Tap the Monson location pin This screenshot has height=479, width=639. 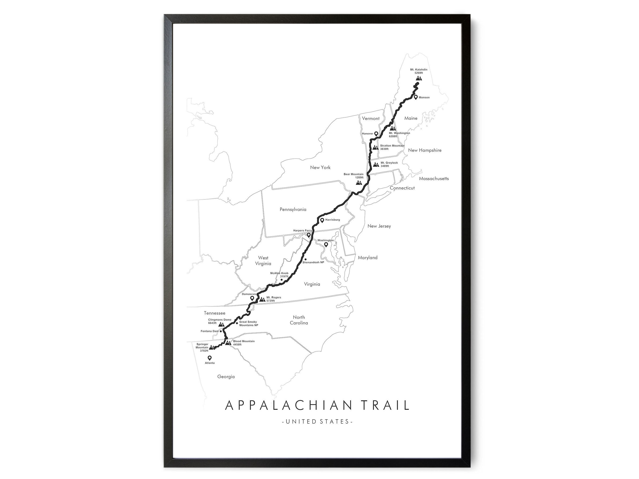click(416, 97)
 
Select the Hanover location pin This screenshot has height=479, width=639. click(376, 134)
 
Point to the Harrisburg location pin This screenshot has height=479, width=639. click(322, 220)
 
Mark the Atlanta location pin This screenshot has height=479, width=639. click(209, 358)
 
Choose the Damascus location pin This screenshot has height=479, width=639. click(252, 298)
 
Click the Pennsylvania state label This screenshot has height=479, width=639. click(293, 209)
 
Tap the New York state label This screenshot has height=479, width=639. click(320, 167)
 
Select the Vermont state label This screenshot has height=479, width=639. click(371, 118)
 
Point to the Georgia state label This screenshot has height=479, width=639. click(226, 377)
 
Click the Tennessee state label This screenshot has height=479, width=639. click(214, 313)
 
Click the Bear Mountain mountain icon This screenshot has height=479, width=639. click(359, 183)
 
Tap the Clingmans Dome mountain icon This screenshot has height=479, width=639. click(221, 325)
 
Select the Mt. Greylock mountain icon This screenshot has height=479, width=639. click(376, 165)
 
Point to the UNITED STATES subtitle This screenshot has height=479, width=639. click(317, 421)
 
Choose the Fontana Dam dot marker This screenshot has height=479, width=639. click(221, 331)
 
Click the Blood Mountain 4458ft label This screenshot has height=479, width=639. click(244, 343)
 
